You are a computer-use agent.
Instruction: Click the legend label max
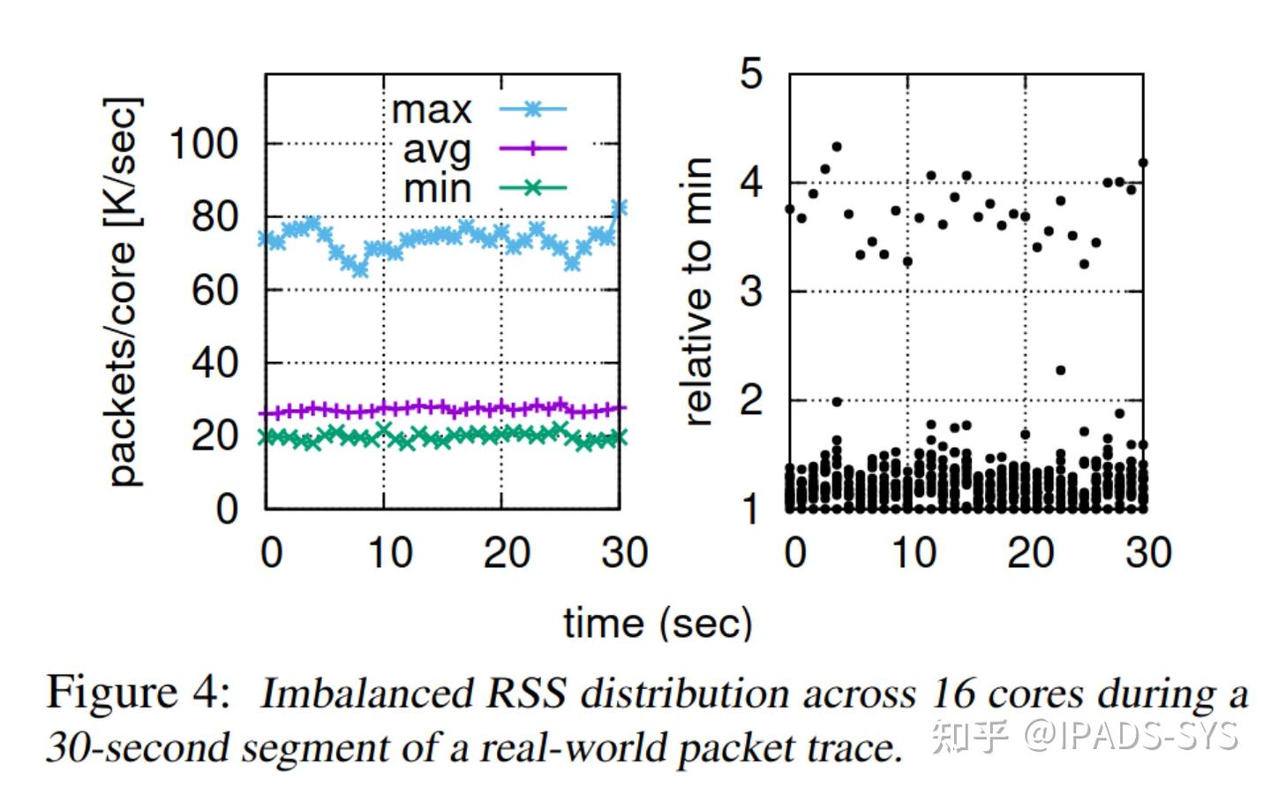click(x=432, y=110)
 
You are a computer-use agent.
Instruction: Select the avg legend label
click(x=437, y=150)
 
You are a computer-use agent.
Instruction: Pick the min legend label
click(x=438, y=188)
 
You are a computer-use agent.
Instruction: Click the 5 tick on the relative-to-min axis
click(x=751, y=73)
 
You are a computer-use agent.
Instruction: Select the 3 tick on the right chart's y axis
click(x=751, y=291)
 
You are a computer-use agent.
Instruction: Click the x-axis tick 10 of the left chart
click(x=390, y=552)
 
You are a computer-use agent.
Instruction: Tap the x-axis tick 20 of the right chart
click(x=1030, y=552)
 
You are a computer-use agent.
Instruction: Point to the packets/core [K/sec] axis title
click(x=124, y=291)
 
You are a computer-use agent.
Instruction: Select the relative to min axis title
click(x=696, y=291)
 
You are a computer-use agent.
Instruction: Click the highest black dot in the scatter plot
click(x=837, y=147)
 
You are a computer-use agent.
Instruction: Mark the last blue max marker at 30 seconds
click(x=619, y=208)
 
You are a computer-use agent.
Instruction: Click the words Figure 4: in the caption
click(x=138, y=692)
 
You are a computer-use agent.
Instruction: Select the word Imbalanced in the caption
click(x=366, y=694)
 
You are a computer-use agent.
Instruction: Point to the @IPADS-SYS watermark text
click(x=1132, y=737)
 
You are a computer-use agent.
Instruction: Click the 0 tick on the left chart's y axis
click(x=227, y=509)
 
